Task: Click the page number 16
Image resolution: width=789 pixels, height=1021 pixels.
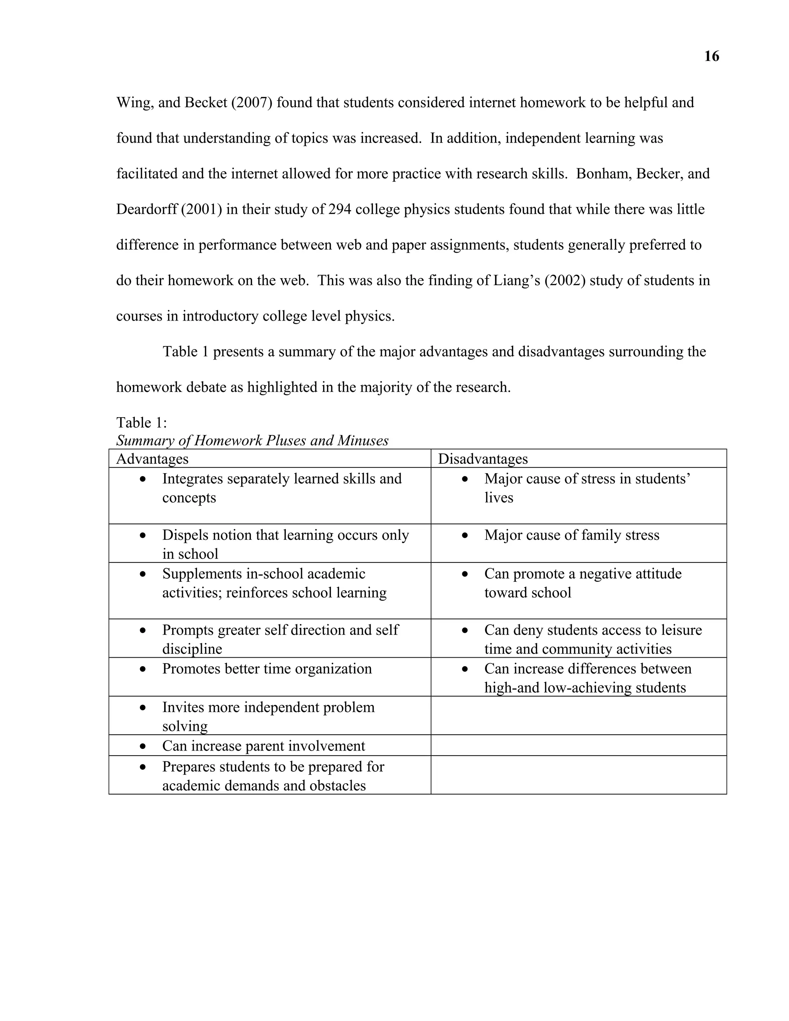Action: [x=712, y=57]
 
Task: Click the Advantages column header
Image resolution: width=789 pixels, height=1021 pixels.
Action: [x=153, y=458]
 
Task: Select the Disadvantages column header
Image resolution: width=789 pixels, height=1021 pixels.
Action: [x=482, y=458]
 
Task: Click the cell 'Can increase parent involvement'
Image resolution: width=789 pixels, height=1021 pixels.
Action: [x=264, y=746]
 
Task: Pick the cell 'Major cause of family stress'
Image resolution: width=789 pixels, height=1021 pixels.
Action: [x=572, y=535]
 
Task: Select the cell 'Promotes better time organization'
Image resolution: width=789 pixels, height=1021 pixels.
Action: [x=267, y=668]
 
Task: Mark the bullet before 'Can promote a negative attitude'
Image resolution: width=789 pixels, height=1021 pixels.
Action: [x=465, y=574]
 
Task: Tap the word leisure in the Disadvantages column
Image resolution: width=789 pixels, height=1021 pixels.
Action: [x=682, y=630]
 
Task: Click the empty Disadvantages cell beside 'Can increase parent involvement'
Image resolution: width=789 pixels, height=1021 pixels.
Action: [x=578, y=745]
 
